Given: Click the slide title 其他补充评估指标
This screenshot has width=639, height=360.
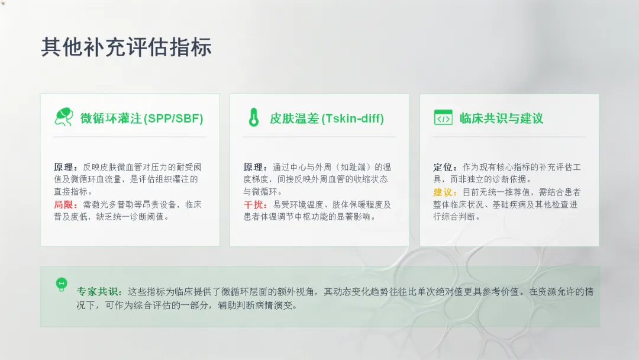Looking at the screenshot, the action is tap(127, 47).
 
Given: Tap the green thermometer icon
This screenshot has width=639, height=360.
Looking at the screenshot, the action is tap(253, 117).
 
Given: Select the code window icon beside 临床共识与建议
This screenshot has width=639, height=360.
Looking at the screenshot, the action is tap(443, 117).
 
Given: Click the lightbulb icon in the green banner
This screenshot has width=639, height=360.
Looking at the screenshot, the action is tap(62, 284).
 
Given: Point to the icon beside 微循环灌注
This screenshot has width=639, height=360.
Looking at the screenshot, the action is tap(63, 117).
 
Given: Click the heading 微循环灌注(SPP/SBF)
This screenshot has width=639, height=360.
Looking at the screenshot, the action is tap(141, 118).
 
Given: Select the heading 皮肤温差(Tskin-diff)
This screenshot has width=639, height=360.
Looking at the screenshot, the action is tap(327, 118).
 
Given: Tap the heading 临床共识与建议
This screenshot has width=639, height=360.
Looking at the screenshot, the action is tap(501, 118).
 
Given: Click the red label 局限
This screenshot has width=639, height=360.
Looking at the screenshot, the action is tap(64, 204).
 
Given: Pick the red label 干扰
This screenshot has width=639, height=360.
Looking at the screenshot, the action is tap(254, 204).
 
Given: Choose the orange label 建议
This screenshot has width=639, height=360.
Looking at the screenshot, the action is tap(443, 192).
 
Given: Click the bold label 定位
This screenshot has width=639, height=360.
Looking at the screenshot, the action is tap(443, 167).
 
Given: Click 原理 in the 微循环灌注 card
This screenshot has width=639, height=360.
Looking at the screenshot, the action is tap(64, 167).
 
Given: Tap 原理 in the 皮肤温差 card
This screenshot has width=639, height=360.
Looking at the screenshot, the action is tap(254, 167).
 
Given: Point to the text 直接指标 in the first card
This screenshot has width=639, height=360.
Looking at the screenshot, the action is tap(71, 192).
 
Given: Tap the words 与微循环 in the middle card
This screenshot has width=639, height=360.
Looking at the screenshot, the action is tap(260, 192).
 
